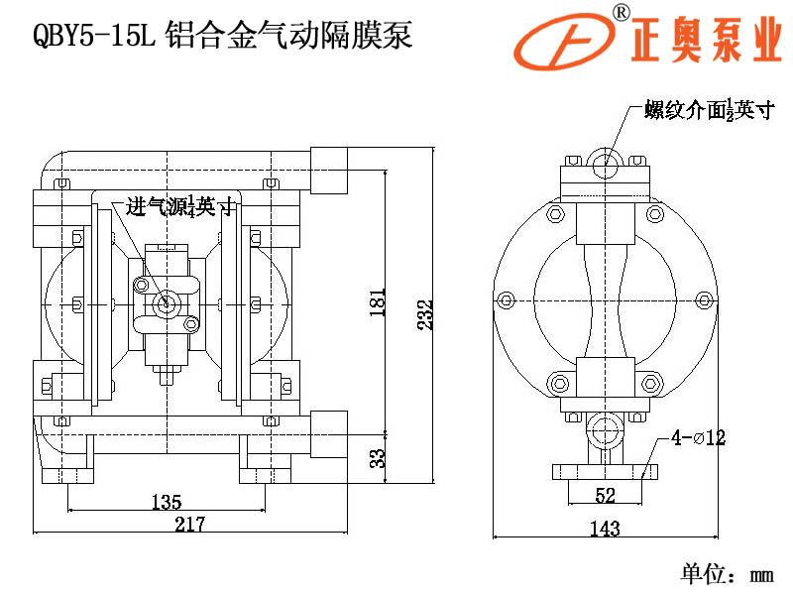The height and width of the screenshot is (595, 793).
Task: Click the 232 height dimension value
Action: pos(424,316)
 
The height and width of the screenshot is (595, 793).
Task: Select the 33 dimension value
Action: pos(377,457)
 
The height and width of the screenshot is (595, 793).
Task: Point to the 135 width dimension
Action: pos(166,502)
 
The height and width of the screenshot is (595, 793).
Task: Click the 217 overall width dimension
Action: pos(188,525)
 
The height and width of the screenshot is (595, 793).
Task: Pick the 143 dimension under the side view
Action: pos(605,529)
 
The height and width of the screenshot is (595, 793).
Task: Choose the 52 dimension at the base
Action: pos(606,495)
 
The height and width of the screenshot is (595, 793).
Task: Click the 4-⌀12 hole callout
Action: pos(699,437)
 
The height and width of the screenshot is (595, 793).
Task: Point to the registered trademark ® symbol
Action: pos(621,12)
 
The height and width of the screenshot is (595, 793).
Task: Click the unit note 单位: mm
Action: pos(726,573)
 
